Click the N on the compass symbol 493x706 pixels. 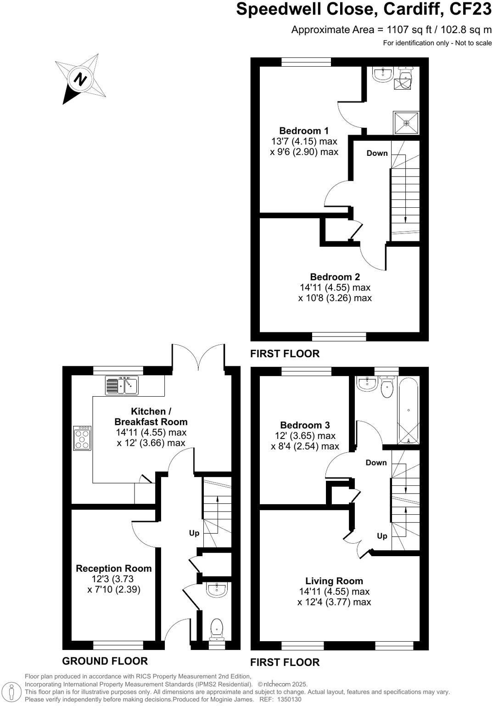[x=81, y=79]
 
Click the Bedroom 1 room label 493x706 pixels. [x=304, y=131]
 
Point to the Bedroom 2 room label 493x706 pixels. [x=335, y=277]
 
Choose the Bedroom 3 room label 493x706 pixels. [x=305, y=425]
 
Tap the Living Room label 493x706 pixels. [x=334, y=581]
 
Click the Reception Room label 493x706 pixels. [x=113, y=569]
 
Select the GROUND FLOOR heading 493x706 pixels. [x=105, y=661]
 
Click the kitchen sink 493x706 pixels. [x=122, y=385]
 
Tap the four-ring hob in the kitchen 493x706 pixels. [x=82, y=438]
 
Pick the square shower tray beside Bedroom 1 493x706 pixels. [x=406, y=123]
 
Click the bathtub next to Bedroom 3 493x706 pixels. [x=408, y=410]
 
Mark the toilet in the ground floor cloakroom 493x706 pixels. [x=216, y=629]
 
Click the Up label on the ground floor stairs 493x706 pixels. [x=194, y=533]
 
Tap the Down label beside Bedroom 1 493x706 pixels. [x=377, y=153]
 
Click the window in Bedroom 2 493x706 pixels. [x=339, y=336]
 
